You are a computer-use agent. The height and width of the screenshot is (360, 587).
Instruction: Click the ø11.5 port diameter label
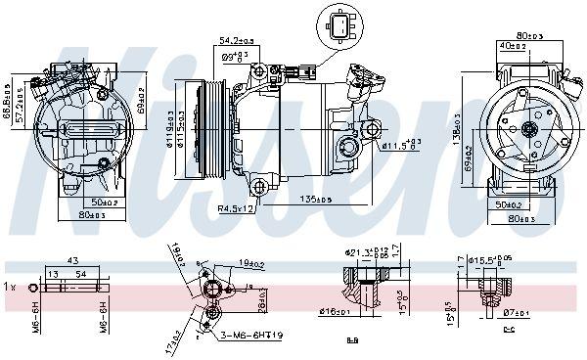coord(401,146)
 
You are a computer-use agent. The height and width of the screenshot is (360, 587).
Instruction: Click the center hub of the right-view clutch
coord(528,128)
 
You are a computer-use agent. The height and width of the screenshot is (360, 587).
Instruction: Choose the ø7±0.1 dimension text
coord(515,313)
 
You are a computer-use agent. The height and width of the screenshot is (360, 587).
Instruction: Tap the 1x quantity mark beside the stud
coord(11,288)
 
